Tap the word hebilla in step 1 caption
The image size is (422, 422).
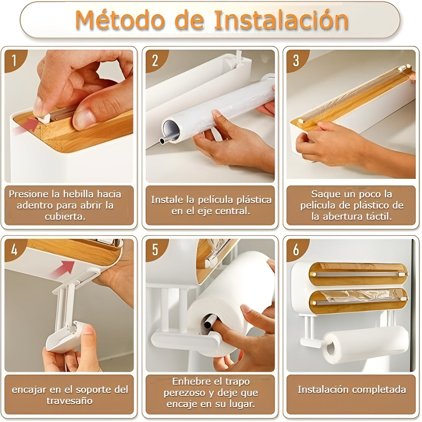79,194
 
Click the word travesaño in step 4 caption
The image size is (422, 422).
70,401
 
